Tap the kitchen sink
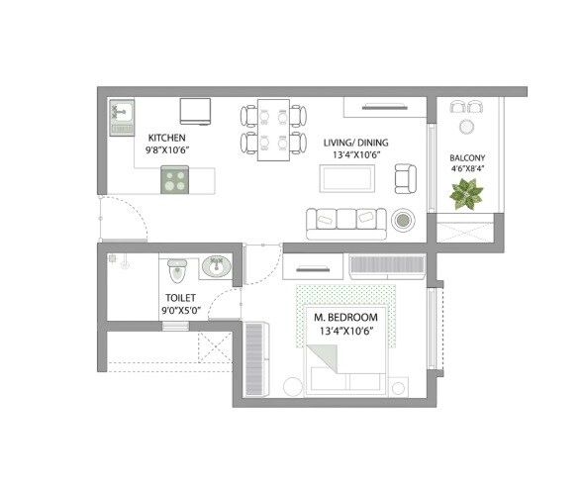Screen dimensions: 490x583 pos(122,118)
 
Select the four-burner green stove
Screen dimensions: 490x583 pos(176,179)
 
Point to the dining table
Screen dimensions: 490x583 pos(272,131)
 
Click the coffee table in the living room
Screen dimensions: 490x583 pos(345,179)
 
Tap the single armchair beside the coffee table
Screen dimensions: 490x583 pos(406,178)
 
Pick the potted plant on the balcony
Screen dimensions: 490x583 pos(465,194)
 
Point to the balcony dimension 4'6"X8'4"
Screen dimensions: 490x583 pos(466,170)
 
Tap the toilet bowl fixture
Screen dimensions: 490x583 pos(177,269)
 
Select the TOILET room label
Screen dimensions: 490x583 pos(180,297)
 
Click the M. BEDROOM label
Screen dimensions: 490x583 pos(344,317)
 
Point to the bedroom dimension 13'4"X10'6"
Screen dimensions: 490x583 pos(344,331)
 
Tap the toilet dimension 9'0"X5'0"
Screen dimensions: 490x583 pos(180,310)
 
